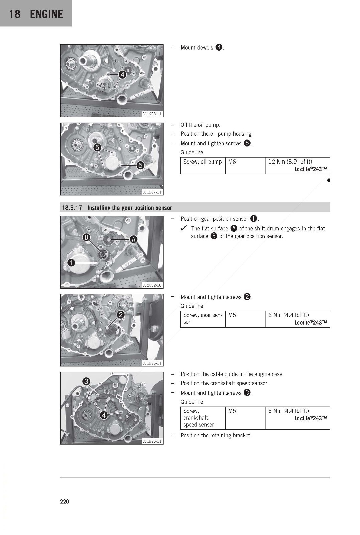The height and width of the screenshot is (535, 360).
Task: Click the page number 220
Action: point(64,501)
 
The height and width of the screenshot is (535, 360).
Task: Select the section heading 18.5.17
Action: point(72,208)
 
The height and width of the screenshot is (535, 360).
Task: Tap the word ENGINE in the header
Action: point(46,14)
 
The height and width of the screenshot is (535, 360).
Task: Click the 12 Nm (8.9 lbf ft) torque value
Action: point(290,162)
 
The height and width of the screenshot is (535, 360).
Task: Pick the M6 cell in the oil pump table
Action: point(232,162)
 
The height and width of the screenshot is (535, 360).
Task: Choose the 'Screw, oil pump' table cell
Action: point(203,162)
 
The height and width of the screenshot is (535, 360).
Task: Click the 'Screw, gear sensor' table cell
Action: point(203,318)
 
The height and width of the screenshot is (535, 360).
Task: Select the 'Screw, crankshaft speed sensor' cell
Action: point(198,418)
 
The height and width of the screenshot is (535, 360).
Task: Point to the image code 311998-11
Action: point(152,114)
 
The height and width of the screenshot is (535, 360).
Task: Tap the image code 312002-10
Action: point(152,285)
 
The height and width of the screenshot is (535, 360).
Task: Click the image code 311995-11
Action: point(152,441)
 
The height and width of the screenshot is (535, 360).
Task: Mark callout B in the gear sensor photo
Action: point(86,237)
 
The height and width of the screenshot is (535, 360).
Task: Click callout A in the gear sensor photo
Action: point(133,239)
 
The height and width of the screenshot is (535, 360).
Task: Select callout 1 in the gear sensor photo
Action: point(71,263)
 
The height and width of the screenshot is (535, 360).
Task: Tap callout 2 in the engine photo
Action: point(121,315)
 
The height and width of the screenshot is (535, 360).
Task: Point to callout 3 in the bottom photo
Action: point(86,381)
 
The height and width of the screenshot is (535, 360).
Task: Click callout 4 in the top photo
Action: point(122,75)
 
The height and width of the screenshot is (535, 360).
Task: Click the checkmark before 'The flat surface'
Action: point(183,229)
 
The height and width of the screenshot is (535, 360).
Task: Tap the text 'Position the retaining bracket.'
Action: point(216,435)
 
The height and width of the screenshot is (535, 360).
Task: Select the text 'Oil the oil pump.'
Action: point(200,125)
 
